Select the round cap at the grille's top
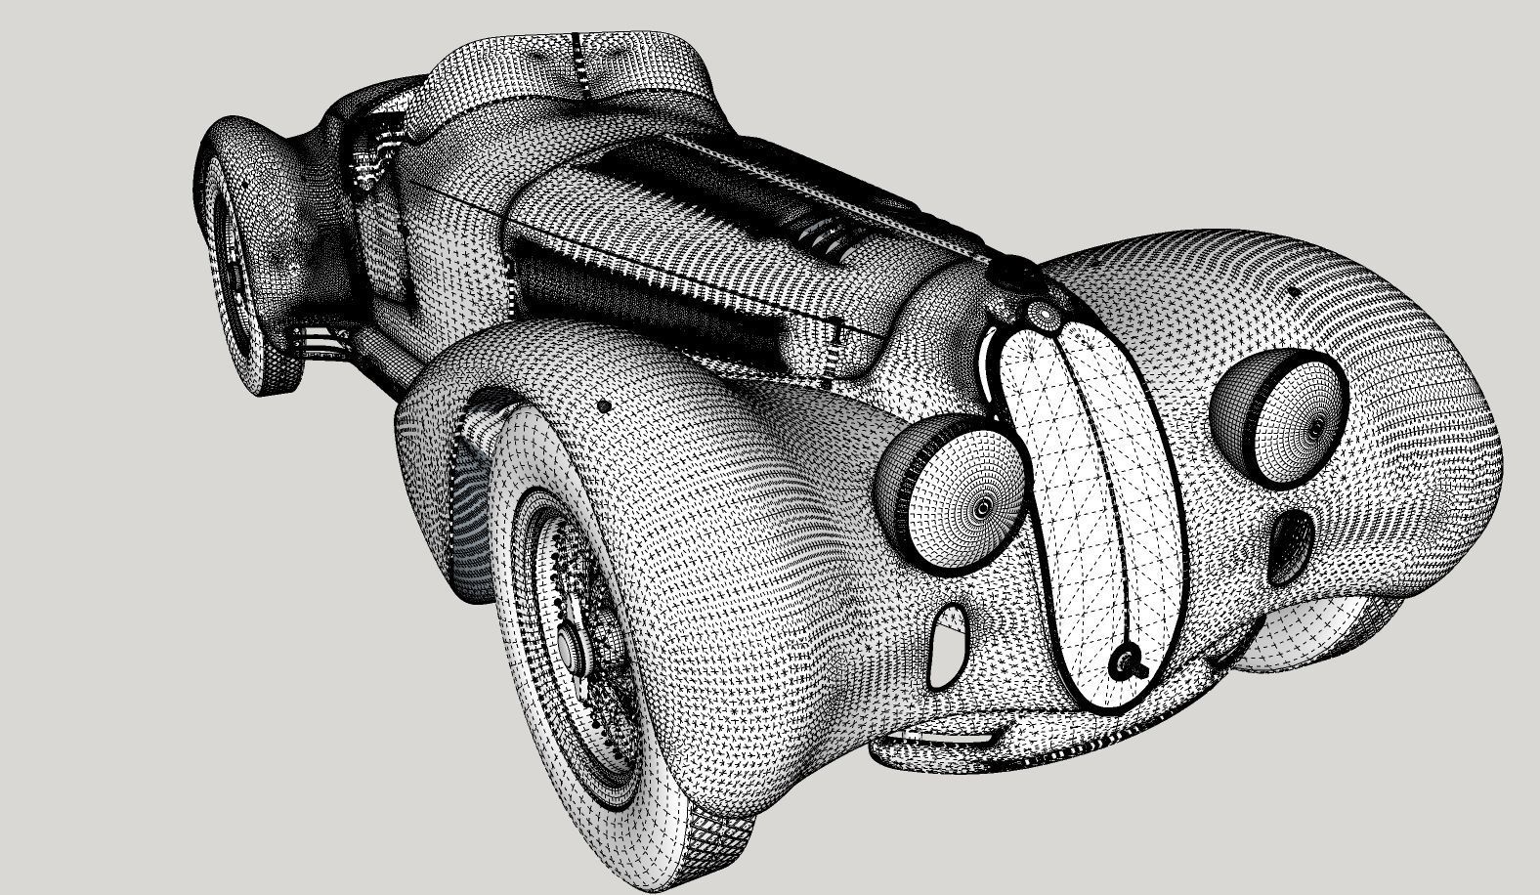tap(1044, 313)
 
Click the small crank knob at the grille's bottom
tap(1125, 662)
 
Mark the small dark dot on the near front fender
tap(604, 405)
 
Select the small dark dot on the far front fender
tap(1295, 291)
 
